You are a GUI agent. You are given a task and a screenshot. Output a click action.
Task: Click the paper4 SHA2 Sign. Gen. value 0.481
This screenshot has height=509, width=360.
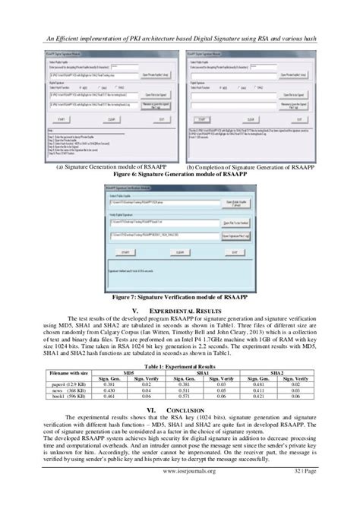click(x=259, y=384)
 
